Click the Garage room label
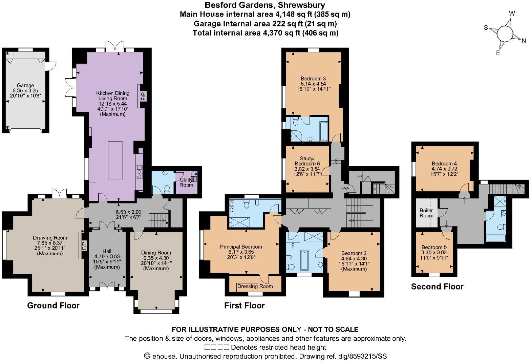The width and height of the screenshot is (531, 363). [25, 86]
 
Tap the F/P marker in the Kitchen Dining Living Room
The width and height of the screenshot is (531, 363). [142, 96]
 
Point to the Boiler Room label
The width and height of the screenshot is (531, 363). [426, 213]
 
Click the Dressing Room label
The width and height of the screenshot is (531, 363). [255, 286]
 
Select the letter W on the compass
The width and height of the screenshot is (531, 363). [512, 14]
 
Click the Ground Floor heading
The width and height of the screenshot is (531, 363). [53, 305]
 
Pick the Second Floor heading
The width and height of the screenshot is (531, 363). [437, 286]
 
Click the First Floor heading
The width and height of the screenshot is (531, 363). [244, 305]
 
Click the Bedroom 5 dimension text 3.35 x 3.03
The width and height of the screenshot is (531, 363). [434, 252]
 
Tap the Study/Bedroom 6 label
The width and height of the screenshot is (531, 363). [307, 161]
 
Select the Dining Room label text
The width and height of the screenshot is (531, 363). [156, 253]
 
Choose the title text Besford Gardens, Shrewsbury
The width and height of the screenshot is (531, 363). [265, 5]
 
